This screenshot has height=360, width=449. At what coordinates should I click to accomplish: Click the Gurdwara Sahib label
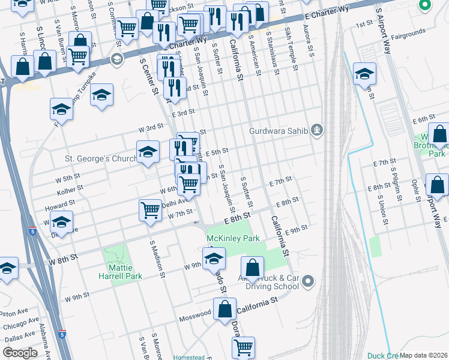[x=279, y=131]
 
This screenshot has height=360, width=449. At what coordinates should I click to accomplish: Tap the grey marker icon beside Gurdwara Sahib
[x=317, y=130]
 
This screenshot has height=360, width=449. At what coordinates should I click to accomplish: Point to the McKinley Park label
[x=233, y=238]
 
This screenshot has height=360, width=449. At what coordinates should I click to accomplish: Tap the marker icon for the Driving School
[x=309, y=280]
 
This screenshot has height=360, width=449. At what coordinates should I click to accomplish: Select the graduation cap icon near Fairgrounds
[x=364, y=73]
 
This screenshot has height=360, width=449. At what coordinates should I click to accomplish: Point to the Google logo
[x=20, y=353]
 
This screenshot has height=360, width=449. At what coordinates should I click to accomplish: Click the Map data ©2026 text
[x=424, y=355]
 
